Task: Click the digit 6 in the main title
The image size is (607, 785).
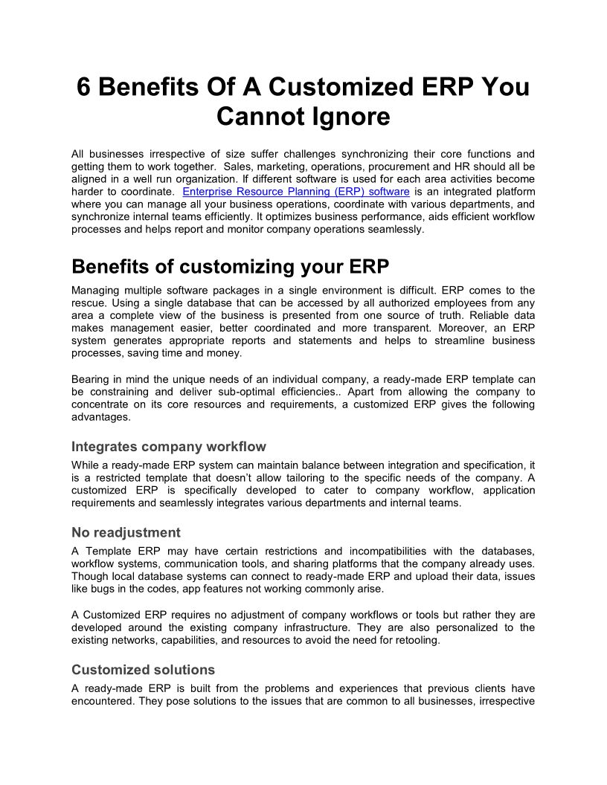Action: (x=85, y=87)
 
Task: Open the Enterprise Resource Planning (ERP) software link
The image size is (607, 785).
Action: (x=296, y=192)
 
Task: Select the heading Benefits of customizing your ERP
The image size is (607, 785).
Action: (x=230, y=267)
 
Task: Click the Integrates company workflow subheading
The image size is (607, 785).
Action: (x=168, y=447)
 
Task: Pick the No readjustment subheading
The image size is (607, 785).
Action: (x=126, y=532)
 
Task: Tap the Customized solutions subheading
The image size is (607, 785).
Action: (x=143, y=670)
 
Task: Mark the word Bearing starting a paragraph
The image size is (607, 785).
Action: (x=91, y=379)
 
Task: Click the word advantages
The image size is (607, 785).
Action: (x=101, y=417)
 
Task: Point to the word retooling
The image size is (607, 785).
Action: (x=416, y=640)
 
